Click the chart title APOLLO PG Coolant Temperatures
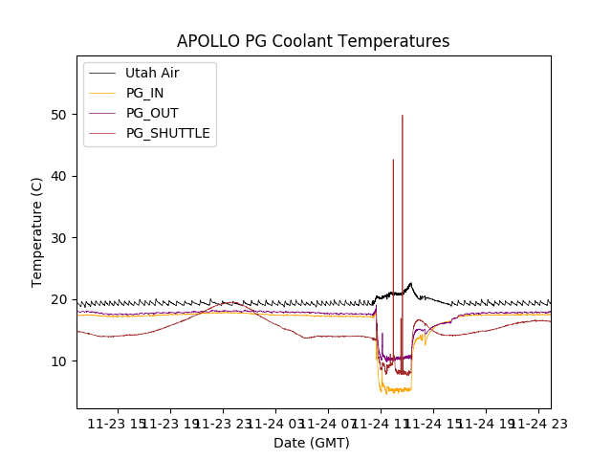point(313,41)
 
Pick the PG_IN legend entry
point(145,93)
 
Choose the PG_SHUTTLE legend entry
point(167,133)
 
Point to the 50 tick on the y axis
point(60,115)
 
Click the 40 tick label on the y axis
point(60,176)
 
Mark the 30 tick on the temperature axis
point(60,238)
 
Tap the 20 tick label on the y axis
point(60,299)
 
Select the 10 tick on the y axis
point(60,361)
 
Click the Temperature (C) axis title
point(36,231)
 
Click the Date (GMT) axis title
point(312,443)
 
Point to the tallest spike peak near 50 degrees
point(402,116)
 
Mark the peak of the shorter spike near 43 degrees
point(393,160)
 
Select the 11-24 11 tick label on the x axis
point(381,424)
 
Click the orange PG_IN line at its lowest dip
point(384,392)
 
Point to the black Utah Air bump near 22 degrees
point(410,284)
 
